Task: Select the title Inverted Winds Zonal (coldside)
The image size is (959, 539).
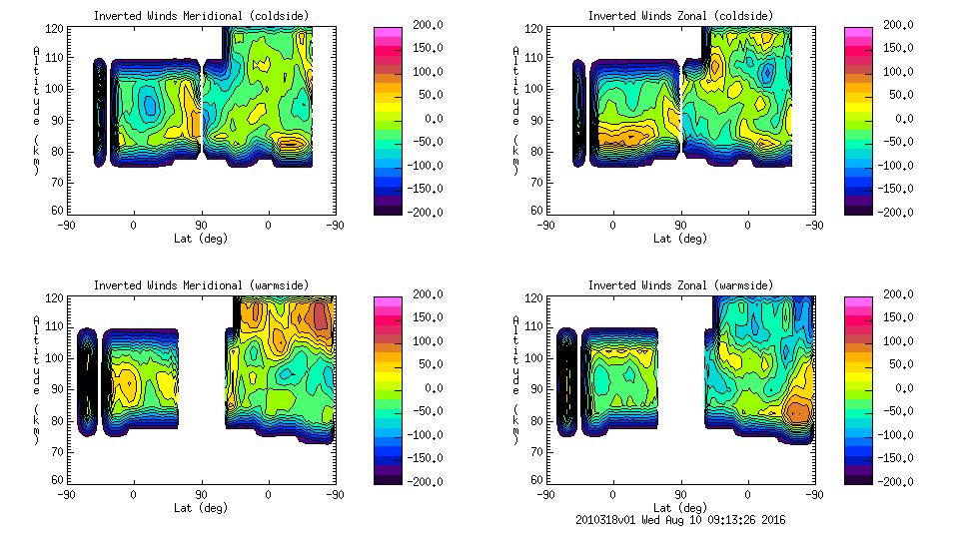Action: [x=679, y=16]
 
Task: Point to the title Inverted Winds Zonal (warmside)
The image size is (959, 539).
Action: [x=679, y=285]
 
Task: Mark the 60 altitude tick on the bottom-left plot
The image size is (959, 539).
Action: [x=59, y=480]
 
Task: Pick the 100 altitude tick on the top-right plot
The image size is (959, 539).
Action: [x=535, y=89]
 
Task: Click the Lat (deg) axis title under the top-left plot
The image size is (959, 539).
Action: [x=201, y=239]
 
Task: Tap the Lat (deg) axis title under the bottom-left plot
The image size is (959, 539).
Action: [x=201, y=508]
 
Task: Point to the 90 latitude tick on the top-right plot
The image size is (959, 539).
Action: [x=680, y=226]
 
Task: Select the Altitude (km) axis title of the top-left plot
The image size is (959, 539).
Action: [x=36, y=110]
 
